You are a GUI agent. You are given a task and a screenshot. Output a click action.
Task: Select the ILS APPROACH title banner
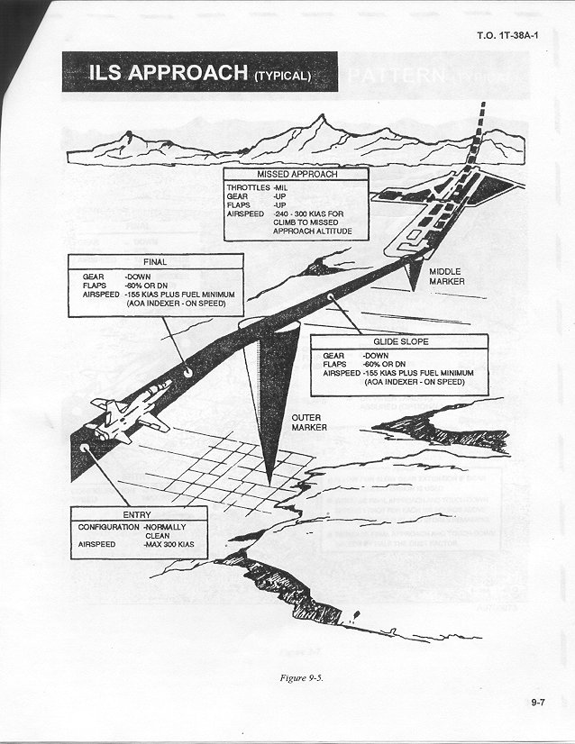[199, 73]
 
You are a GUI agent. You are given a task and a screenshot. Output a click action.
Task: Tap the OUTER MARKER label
[308, 422]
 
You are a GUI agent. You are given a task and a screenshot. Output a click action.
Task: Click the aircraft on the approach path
[132, 410]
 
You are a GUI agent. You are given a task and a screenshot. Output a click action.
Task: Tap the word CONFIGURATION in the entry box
[108, 525]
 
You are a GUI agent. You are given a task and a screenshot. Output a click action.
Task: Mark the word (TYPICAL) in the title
[282, 76]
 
